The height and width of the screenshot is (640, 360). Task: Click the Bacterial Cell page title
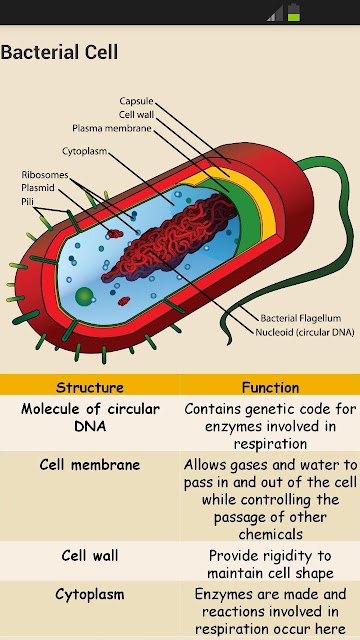tap(59, 53)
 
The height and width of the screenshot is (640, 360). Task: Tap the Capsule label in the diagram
tap(136, 101)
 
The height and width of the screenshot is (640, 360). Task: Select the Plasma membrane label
tap(112, 128)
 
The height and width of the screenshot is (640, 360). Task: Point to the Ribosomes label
tap(44, 175)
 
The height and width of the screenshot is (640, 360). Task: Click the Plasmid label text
tap(38, 188)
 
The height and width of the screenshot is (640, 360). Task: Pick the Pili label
tap(27, 202)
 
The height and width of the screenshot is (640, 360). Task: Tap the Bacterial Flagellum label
tap(301, 318)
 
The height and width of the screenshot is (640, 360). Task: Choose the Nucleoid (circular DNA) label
tap(304, 332)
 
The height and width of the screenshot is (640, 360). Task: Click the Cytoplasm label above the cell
tap(84, 151)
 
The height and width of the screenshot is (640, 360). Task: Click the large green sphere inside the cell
tap(84, 295)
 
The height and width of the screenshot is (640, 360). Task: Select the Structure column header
tap(90, 387)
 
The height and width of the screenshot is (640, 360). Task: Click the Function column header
tap(270, 387)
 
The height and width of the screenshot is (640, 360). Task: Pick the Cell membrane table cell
tap(90, 464)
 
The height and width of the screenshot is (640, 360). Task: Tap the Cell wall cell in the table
tap(90, 556)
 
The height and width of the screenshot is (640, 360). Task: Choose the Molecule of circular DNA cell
tap(90, 418)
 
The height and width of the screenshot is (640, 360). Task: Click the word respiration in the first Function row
tap(270, 444)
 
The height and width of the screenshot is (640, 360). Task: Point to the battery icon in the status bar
tap(294, 12)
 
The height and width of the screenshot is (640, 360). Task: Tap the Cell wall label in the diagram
tap(137, 114)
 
